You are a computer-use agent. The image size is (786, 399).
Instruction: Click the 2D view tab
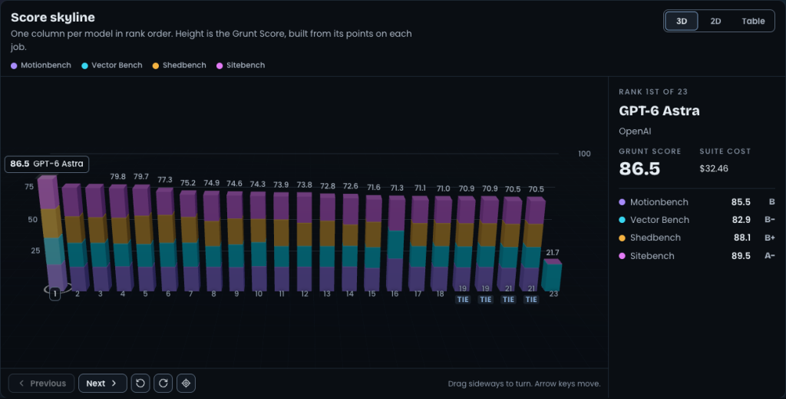click(715, 21)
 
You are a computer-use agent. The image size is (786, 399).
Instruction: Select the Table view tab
click(753, 21)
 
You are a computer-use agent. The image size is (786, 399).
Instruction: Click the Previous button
click(41, 384)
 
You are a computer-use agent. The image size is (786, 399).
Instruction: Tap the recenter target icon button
click(186, 384)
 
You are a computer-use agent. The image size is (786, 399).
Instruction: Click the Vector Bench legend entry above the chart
click(112, 65)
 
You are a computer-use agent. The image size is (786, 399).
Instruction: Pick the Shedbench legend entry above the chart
click(179, 65)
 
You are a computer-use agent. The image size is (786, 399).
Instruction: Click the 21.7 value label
click(553, 252)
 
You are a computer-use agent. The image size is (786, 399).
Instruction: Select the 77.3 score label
click(165, 180)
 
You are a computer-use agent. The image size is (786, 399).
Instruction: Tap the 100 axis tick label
click(584, 154)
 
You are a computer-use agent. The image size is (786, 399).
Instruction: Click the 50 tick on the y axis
click(32, 219)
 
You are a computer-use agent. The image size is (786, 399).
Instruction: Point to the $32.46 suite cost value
click(714, 168)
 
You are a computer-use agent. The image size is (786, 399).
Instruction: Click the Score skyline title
click(53, 17)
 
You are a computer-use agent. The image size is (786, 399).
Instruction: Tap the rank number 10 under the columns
click(259, 294)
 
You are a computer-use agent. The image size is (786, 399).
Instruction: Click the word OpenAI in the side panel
click(635, 131)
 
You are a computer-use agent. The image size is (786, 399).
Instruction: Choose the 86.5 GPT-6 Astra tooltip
click(47, 164)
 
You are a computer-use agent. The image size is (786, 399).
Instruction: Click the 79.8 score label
click(117, 177)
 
